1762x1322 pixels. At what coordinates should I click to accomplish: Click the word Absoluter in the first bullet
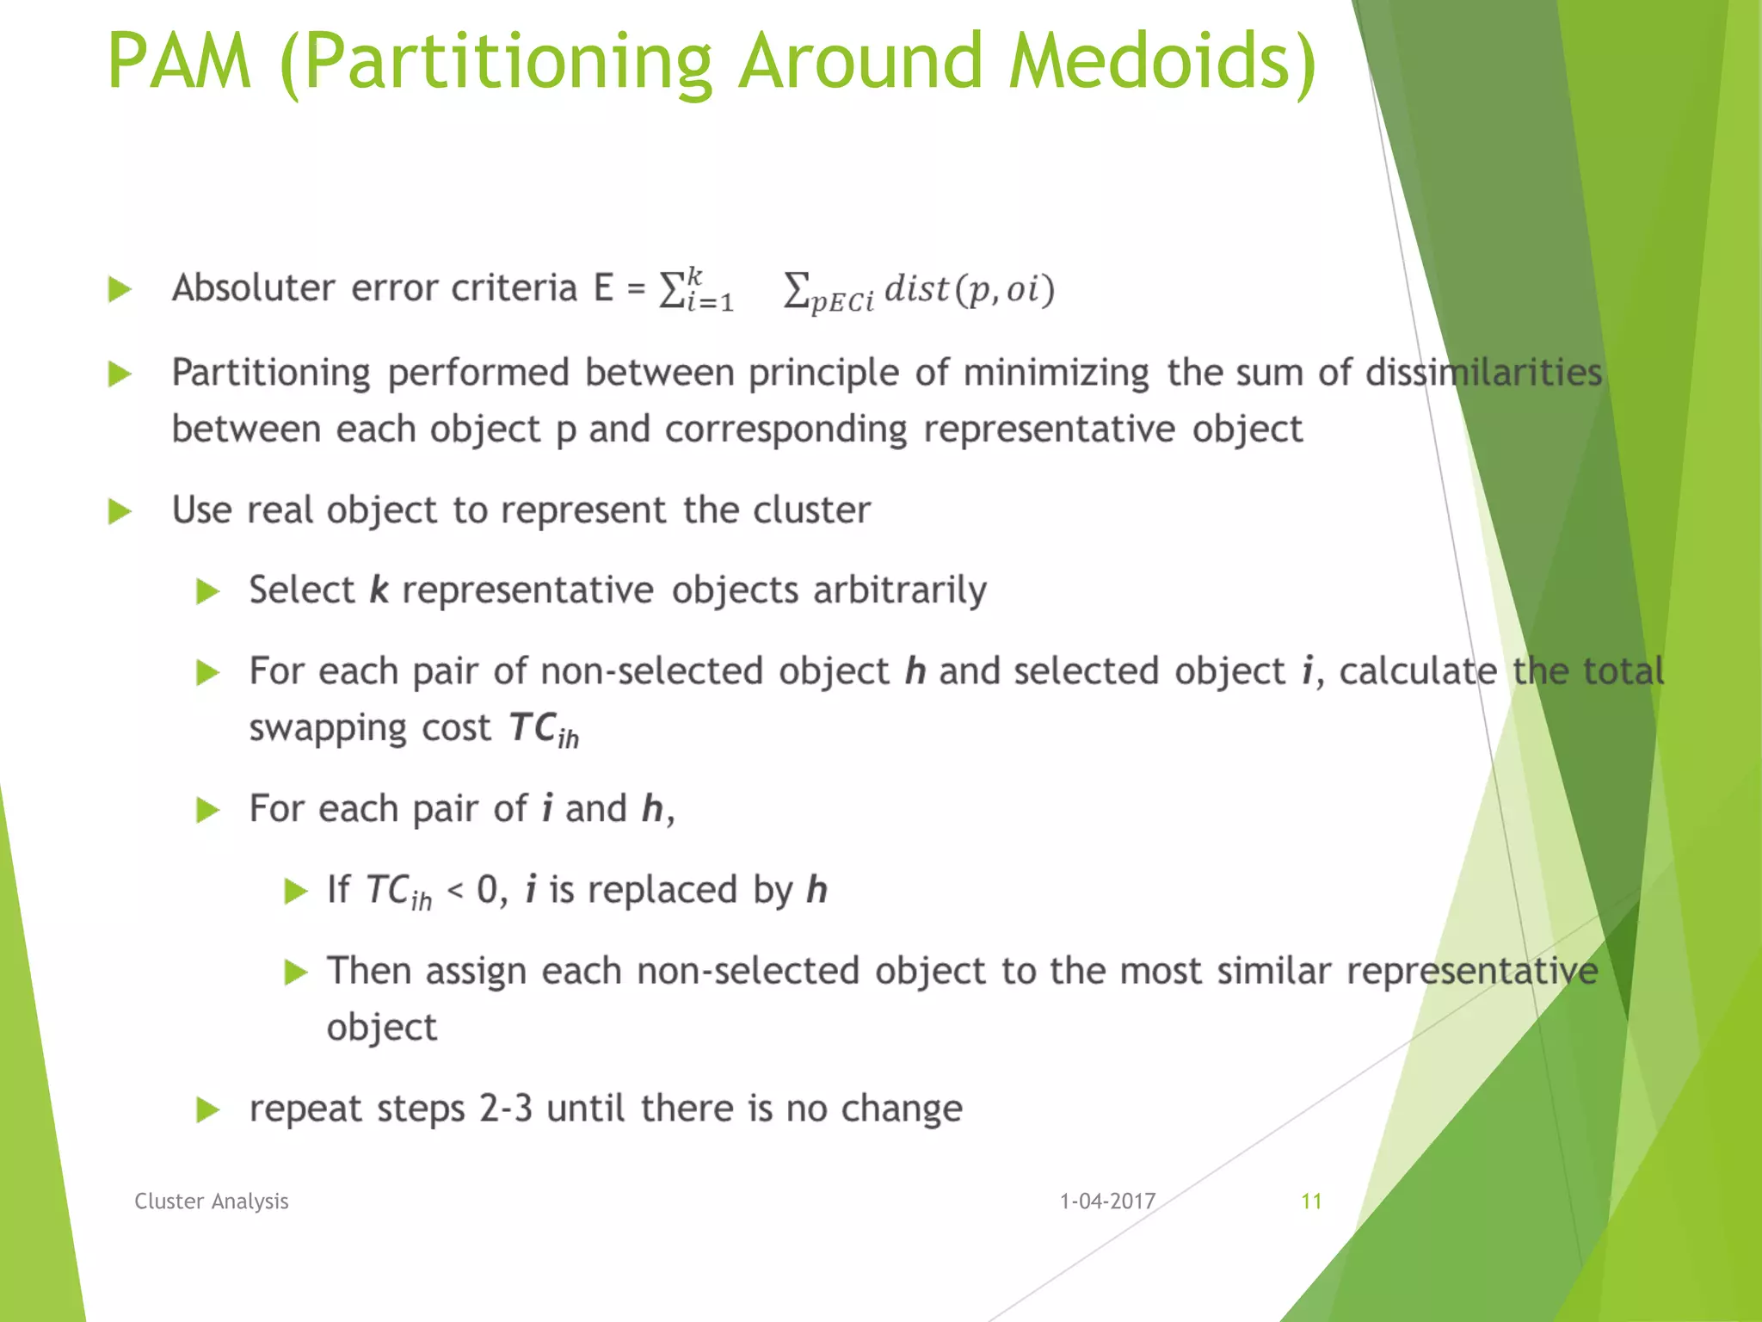click(x=254, y=287)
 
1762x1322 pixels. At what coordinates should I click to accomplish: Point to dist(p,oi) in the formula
click(x=969, y=289)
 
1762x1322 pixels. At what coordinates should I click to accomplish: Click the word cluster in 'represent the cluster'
click(x=811, y=510)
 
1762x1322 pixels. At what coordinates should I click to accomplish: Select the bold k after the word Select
click(x=379, y=590)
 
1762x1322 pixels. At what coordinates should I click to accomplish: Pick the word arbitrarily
click(x=900, y=590)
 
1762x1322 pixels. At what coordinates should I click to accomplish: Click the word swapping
click(x=328, y=728)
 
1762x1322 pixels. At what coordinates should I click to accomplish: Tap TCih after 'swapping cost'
click(x=544, y=730)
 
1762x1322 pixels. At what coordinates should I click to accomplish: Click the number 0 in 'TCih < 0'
click(x=487, y=890)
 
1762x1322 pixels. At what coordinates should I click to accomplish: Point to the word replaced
click(x=662, y=890)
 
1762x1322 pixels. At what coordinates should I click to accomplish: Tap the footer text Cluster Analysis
click(x=212, y=1202)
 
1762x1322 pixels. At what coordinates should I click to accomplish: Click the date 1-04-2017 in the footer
click(x=1107, y=1202)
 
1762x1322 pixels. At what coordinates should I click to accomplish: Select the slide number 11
click(x=1311, y=1202)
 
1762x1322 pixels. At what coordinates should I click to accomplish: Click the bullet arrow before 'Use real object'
click(x=120, y=512)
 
